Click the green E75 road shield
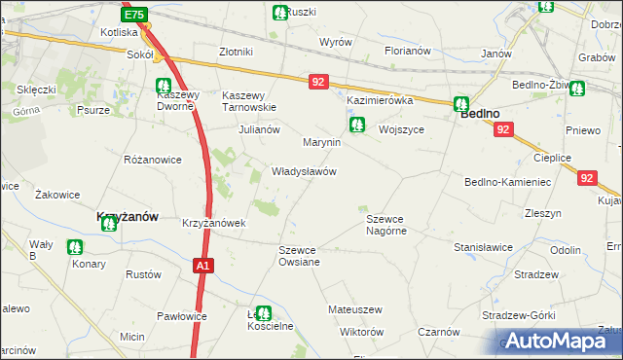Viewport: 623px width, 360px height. click(x=135, y=15)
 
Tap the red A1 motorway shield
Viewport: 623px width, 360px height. click(x=202, y=264)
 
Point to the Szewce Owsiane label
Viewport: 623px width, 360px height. click(x=299, y=256)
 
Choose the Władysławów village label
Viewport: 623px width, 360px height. click(x=304, y=171)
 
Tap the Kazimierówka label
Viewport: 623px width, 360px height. click(x=381, y=100)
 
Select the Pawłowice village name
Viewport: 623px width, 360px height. click(x=182, y=316)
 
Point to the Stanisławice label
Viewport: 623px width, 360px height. click(x=483, y=247)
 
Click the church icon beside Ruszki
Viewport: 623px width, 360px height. click(x=279, y=13)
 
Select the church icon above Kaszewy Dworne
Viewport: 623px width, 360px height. click(x=165, y=84)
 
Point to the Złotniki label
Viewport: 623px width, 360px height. click(x=237, y=52)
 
